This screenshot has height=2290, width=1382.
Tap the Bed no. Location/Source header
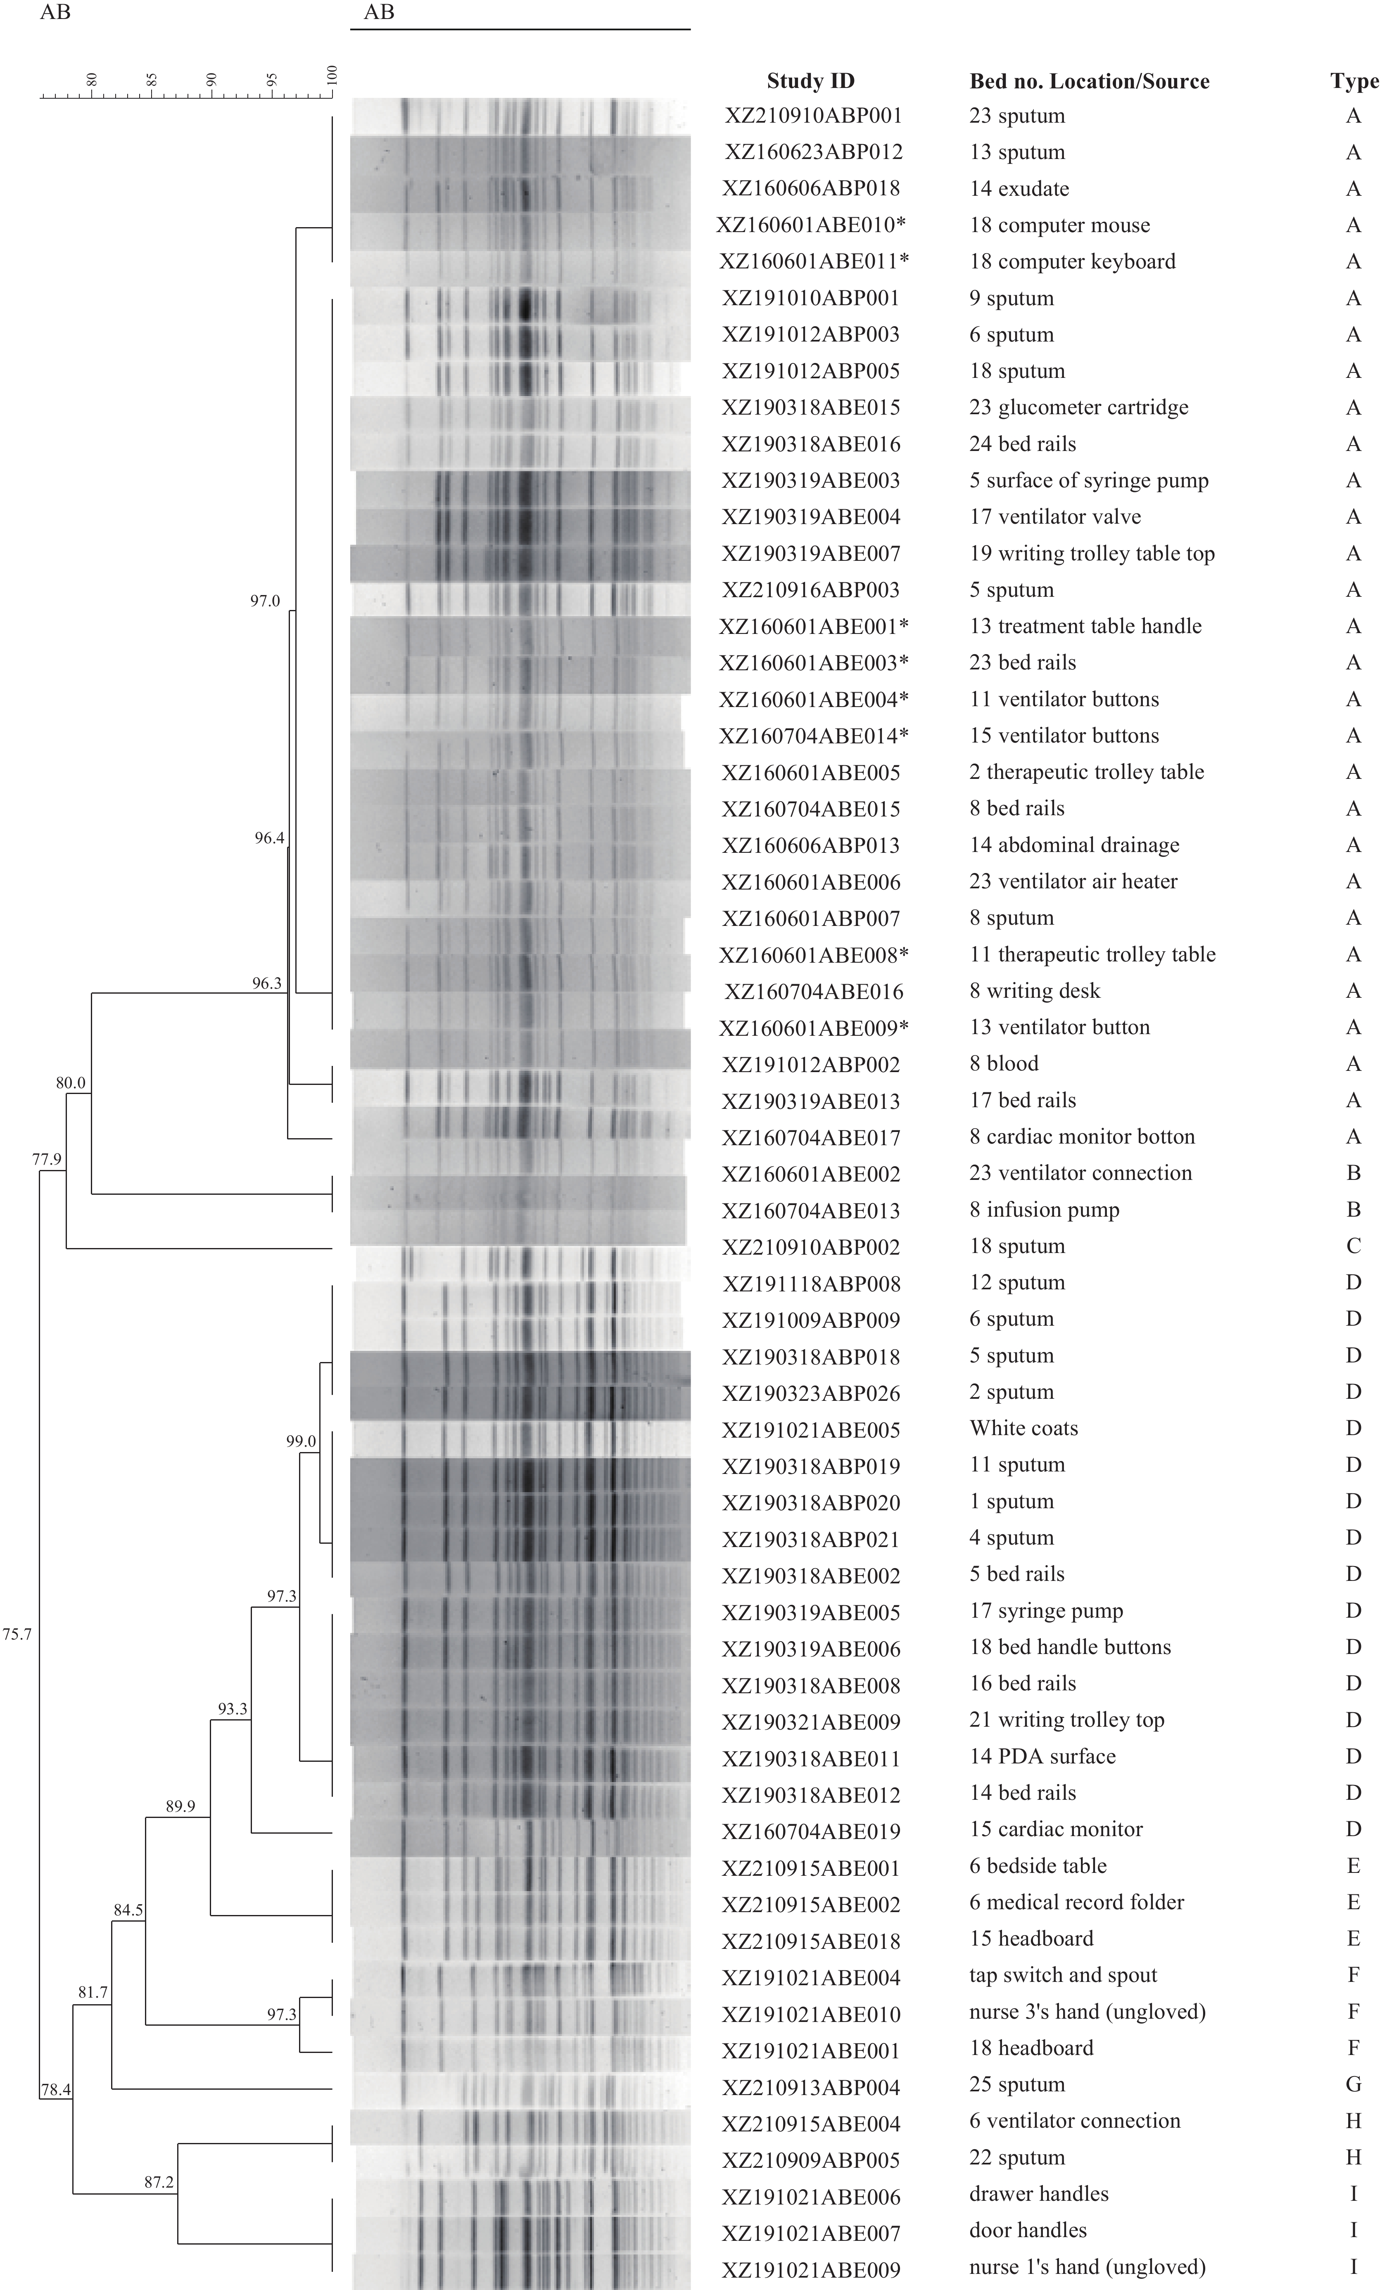coord(1089,82)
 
